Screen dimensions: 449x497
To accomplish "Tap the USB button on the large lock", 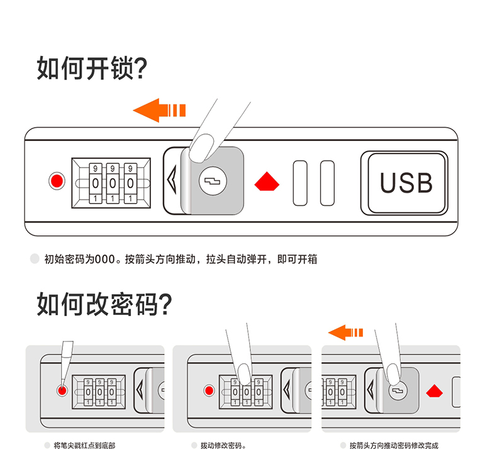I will point(406,183).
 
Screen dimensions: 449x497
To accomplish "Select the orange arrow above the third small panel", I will point(345,332).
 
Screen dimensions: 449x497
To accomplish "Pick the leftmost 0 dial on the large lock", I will point(96,183).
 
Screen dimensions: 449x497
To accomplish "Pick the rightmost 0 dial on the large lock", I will point(130,183).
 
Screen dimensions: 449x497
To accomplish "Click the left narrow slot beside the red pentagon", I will point(300,183).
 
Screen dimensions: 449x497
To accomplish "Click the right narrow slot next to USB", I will point(327,183).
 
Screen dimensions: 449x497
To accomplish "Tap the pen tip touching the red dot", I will point(62,382).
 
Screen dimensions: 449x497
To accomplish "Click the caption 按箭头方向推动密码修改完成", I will point(394,445).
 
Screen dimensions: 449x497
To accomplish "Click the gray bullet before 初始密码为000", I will point(35,258).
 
